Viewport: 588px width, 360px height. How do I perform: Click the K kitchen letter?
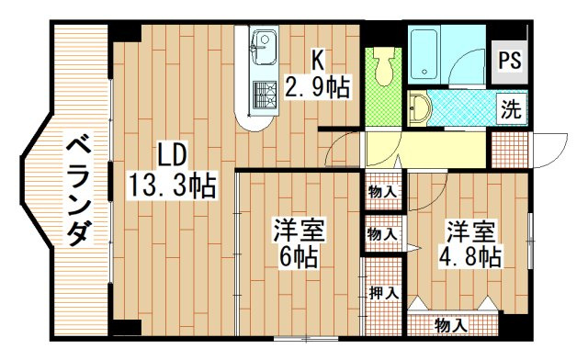[x=316, y=61]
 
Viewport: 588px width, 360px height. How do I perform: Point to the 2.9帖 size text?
[x=317, y=89]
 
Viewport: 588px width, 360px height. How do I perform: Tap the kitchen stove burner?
[x=264, y=95]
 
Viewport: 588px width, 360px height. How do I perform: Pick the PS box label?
[x=511, y=62]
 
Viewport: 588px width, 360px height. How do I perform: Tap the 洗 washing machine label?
[x=511, y=109]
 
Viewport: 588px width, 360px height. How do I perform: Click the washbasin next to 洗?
[x=420, y=108]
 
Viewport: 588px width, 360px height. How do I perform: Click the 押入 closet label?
[x=383, y=294]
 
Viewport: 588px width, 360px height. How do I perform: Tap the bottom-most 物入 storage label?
[x=450, y=325]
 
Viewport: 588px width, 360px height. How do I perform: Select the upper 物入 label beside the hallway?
[x=383, y=193]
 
